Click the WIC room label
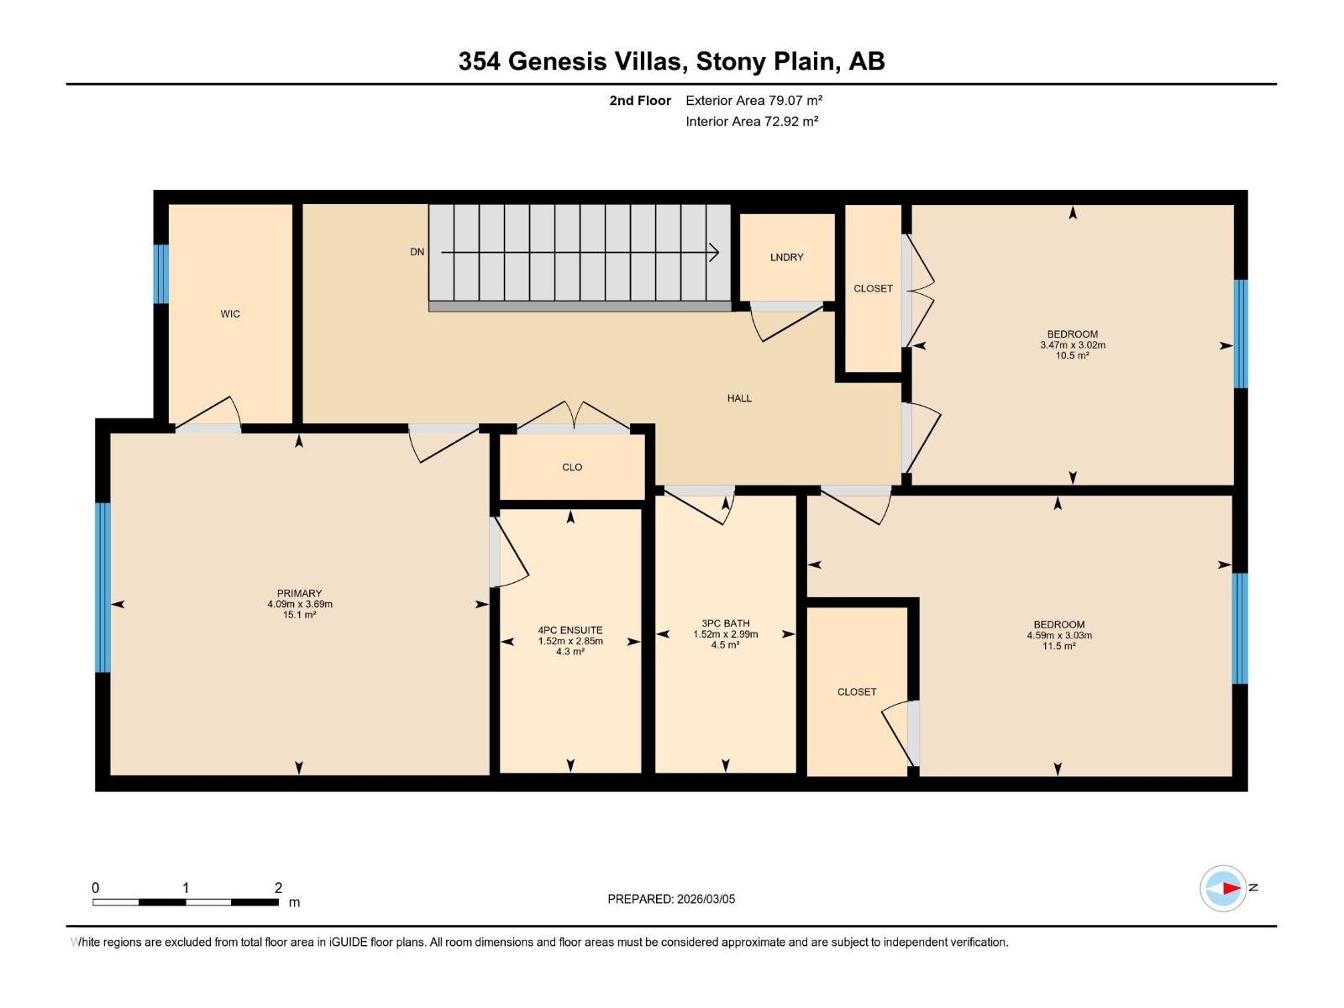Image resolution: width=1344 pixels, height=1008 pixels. [x=230, y=314]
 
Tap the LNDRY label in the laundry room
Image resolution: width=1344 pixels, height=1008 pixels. [x=786, y=257]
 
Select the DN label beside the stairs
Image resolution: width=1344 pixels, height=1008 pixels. [x=417, y=252]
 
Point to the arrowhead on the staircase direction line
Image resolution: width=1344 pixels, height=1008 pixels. [x=715, y=252]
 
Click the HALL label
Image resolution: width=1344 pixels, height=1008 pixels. [x=739, y=398]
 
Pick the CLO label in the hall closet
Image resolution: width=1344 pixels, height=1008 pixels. [x=572, y=467]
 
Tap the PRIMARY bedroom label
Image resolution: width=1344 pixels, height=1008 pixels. [x=300, y=593]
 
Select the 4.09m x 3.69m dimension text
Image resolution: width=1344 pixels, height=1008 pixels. [x=300, y=604]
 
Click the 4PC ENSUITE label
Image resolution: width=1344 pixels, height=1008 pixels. [x=570, y=630]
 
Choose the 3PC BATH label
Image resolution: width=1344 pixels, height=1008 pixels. [x=725, y=623]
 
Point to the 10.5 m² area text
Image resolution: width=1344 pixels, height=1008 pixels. [x=1073, y=355]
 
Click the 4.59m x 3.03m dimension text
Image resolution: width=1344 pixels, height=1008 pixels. [x=1058, y=635]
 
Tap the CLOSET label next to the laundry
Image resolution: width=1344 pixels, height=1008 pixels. [x=873, y=288]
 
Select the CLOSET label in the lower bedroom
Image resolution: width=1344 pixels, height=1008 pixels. [x=857, y=692]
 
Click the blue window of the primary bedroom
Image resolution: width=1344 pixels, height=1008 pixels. [x=102, y=588]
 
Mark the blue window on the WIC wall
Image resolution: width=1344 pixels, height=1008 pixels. [x=160, y=274]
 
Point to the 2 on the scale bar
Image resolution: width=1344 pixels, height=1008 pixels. [x=278, y=888]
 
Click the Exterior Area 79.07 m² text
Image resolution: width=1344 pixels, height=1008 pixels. [x=753, y=100]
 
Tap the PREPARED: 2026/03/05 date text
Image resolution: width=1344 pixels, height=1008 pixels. [x=671, y=899]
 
